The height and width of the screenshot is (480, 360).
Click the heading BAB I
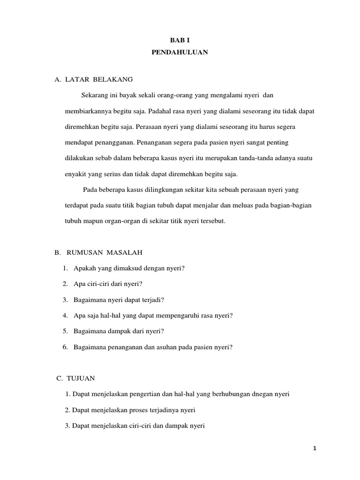tap(180, 41)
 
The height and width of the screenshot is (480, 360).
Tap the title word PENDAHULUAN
tap(180, 53)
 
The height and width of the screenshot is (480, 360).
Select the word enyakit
tap(75, 174)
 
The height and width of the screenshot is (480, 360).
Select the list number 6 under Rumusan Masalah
tap(64, 347)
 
